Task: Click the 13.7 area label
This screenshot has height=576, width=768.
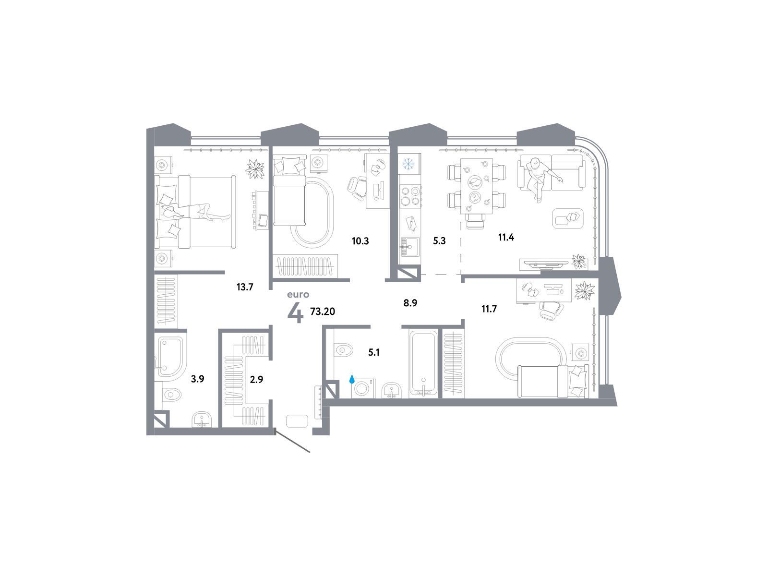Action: click(245, 287)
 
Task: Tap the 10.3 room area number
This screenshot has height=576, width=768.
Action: click(360, 241)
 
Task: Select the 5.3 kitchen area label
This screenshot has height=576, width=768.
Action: click(439, 240)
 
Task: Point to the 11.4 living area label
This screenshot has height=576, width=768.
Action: click(506, 238)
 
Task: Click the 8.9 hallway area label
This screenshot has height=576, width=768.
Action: click(410, 303)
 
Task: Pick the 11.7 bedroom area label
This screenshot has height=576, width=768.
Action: click(489, 309)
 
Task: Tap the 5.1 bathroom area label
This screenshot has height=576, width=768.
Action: click(373, 352)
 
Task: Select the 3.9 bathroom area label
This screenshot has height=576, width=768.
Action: click(197, 379)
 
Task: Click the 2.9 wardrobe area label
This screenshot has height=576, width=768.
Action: click(256, 380)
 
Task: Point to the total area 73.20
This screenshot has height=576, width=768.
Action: click(323, 311)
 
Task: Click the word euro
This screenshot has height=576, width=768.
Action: click(298, 294)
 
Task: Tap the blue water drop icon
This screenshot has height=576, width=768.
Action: click(352, 379)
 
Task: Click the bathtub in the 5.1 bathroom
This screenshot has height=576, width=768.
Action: click(424, 363)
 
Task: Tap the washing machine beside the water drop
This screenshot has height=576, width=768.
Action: click(362, 388)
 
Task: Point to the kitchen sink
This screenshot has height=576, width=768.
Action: click(410, 247)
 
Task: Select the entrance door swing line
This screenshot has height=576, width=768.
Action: click(292, 440)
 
